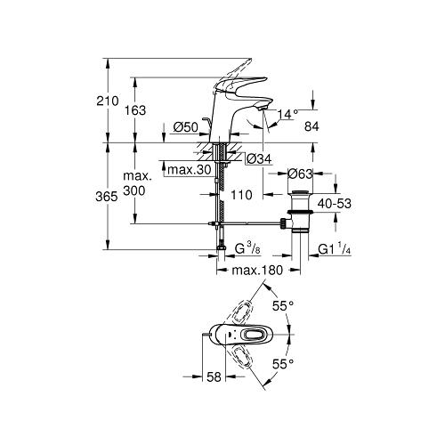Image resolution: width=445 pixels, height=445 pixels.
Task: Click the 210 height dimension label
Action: [x=108, y=101]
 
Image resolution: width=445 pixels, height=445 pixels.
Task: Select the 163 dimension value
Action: [x=135, y=110]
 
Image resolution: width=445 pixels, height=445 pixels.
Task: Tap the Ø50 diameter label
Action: [x=186, y=127]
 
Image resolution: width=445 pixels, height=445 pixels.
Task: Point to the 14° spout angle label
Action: [x=287, y=114]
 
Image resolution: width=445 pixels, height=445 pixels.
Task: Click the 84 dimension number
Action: [x=311, y=126]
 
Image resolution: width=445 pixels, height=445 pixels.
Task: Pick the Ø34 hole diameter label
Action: [x=259, y=159]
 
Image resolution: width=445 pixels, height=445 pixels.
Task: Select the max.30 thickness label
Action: [x=190, y=170]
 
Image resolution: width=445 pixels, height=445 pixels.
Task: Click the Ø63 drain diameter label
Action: [x=300, y=174]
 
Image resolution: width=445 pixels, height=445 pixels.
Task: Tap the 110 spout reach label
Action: [x=241, y=195]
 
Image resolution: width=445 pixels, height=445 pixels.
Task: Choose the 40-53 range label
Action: [x=335, y=204]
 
